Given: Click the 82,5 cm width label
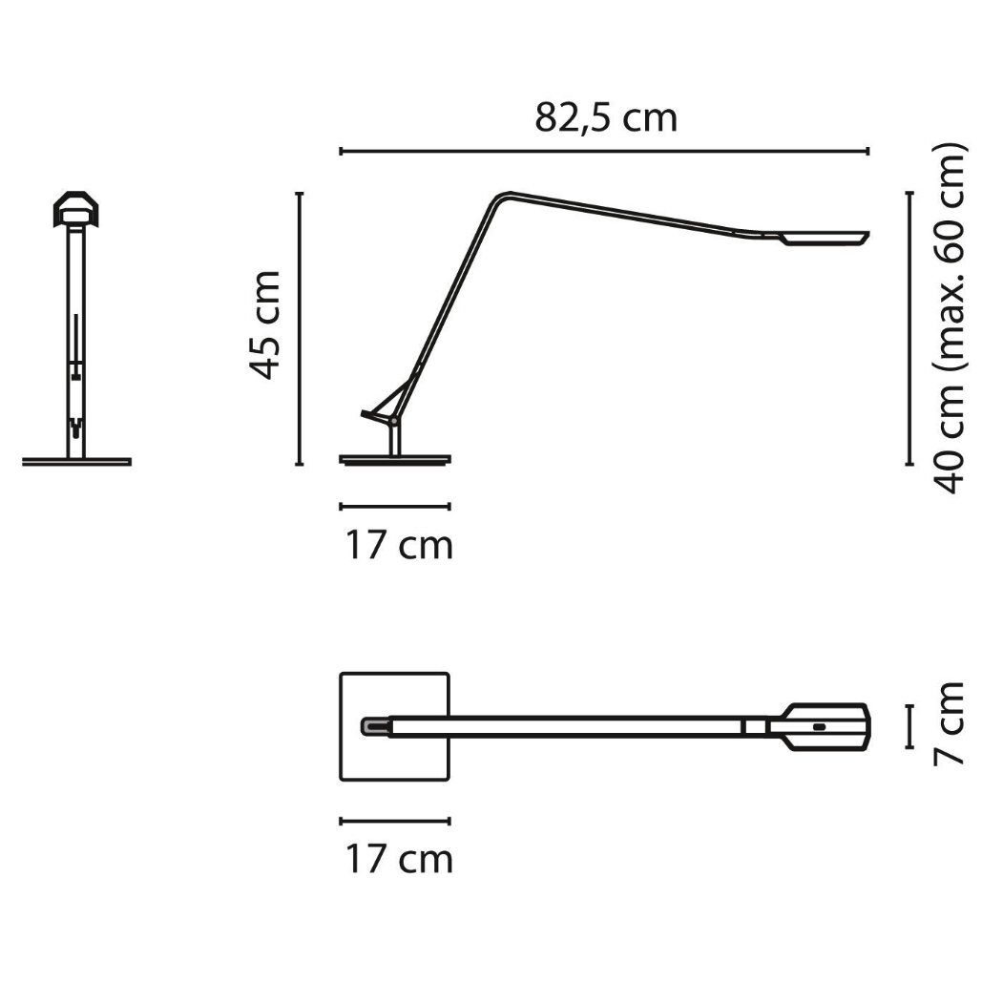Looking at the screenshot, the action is pos(605,119).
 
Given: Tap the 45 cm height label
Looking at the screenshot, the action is pos(264,325).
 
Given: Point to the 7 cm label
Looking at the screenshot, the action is pos(948,723).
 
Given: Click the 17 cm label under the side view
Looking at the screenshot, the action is pos(399,546).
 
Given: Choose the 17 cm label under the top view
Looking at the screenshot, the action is pos(399,859).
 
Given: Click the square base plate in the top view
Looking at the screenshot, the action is pos(395,726).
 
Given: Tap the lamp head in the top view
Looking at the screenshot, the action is pos(819,726).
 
